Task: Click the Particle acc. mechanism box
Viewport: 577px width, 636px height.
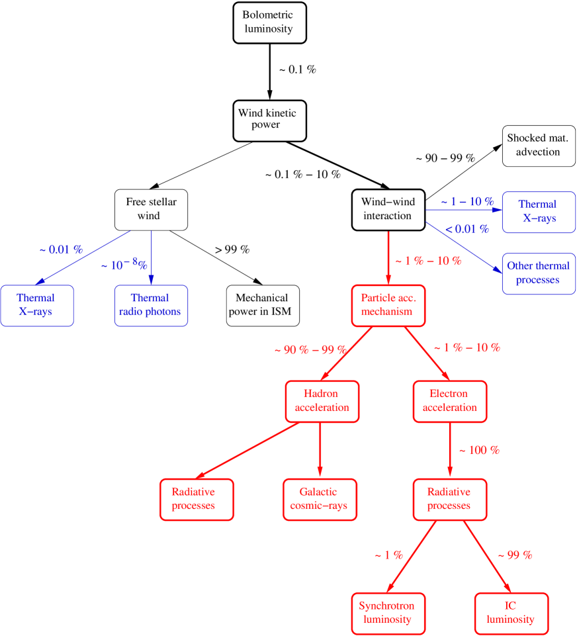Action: pyautogui.click(x=388, y=305)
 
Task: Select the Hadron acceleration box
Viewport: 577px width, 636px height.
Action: pyautogui.click(x=322, y=401)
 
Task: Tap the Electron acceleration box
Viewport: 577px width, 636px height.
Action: pyautogui.click(x=449, y=401)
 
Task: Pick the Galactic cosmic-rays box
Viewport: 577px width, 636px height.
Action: pyautogui.click(x=320, y=499)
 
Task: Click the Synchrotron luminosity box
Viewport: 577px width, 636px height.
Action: pyautogui.click(x=387, y=613)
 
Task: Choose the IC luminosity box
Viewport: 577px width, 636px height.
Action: pyautogui.click(x=511, y=613)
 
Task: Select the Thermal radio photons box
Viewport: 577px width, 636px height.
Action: pyautogui.click(x=151, y=305)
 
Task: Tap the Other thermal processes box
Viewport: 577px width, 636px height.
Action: pyautogui.click(x=538, y=273)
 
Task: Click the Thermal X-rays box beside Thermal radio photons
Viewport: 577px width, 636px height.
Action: pyautogui.click(x=36, y=305)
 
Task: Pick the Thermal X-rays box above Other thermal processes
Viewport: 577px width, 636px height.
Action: pyautogui.click(x=538, y=212)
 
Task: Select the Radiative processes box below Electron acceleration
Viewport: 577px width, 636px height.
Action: pyautogui.click(x=449, y=499)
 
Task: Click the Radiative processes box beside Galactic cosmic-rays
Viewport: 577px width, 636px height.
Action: pyautogui.click(x=197, y=499)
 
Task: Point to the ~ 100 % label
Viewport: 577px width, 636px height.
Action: pyautogui.click(x=479, y=450)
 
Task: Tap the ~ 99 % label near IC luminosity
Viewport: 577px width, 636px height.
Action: pyautogui.click(x=514, y=555)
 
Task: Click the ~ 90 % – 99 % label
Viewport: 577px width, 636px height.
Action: pyautogui.click(x=310, y=350)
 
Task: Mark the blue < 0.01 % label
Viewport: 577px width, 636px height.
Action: pyautogui.click(x=467, y=229)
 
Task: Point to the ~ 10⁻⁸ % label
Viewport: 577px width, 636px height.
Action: pyautogui.click(x=124, y=265)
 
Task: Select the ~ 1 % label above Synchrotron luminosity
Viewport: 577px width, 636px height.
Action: pyautogui.click(x=388, y=555)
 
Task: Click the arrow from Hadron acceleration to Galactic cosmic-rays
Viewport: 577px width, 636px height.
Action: pyautogui.click(x=320, y=450)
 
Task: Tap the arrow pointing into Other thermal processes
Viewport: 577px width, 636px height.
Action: pyautogui.click(x=463, y=247)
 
